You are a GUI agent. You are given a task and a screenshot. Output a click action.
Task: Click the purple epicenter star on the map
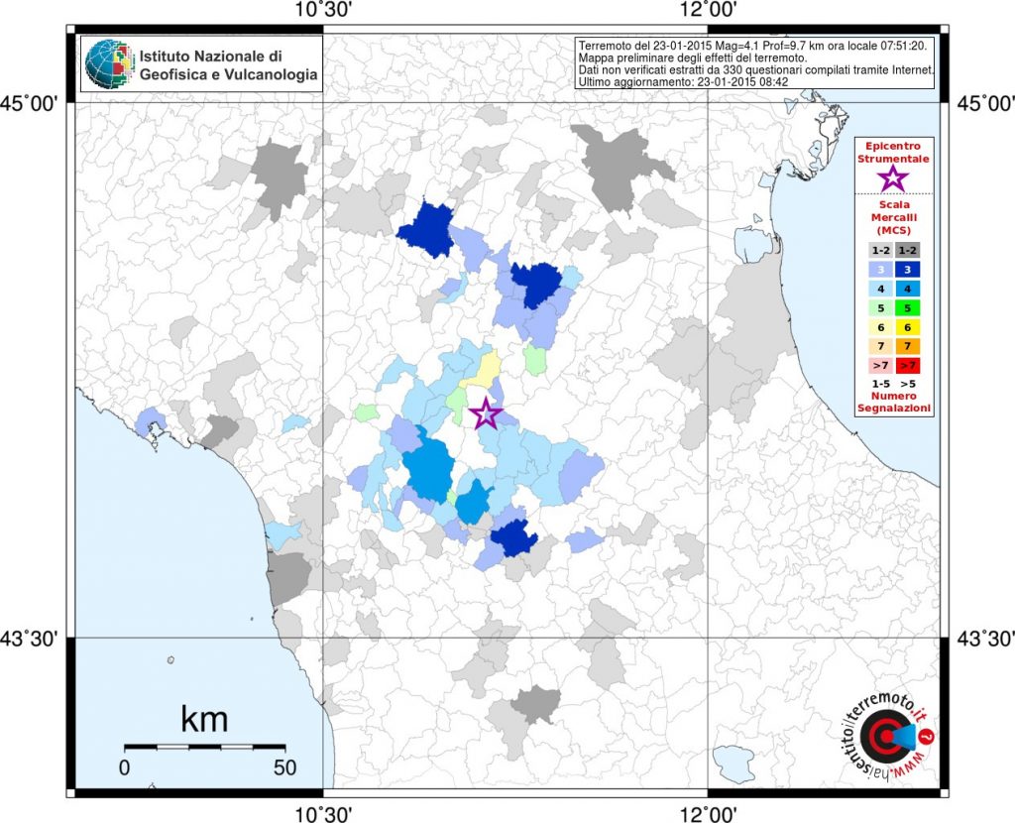pos(486,413)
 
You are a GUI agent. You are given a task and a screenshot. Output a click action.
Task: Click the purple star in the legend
pos(893,178)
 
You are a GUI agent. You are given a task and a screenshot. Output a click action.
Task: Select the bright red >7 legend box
pos(908,365)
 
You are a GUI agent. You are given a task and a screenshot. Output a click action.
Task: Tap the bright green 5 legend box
pos(908,308)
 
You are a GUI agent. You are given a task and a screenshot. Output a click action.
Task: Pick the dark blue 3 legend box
pos(908,270)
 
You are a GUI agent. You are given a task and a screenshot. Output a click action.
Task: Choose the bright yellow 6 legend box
pos(908,327)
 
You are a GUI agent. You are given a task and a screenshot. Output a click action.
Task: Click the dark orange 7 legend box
pos(908,346)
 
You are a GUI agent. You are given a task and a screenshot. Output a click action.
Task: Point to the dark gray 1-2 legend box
pos(908,251)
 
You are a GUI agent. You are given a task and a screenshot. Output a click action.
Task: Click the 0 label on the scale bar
pos(124,767)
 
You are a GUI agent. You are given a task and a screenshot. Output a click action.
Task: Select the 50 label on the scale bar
pos(284,767)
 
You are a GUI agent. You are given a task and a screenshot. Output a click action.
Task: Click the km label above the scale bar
pos(204,719)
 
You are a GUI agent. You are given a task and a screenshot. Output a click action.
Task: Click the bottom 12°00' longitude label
pos(709,813)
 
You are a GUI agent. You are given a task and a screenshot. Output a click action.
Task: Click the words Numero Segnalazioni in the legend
pos(894,403)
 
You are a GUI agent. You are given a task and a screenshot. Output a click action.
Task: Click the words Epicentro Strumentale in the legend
pos(893,152)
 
